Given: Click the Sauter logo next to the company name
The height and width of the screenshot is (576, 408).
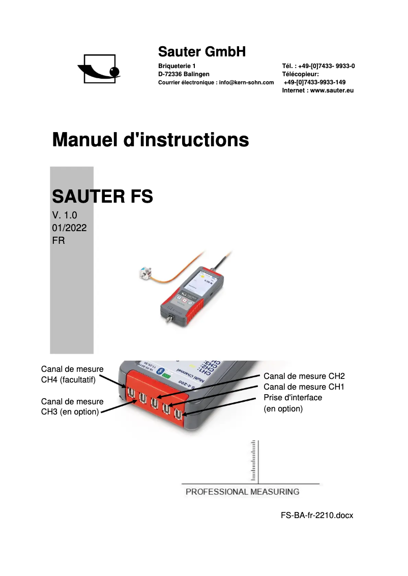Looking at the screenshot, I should (99, 69).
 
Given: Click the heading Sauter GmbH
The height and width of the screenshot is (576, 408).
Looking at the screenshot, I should (202, 51).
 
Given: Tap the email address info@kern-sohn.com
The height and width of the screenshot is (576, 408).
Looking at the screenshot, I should (246, 82).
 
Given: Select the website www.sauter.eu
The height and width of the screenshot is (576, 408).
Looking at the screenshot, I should (332, 90).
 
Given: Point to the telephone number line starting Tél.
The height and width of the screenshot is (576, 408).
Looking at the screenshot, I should (318, 66).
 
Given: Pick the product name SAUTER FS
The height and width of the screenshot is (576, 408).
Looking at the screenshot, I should (102, 197).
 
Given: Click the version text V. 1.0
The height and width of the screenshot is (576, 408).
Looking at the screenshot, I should (65, 215).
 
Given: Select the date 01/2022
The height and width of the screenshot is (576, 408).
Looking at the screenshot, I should (69, 228).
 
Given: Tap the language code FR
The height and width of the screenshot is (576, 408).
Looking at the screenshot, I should (59, 241).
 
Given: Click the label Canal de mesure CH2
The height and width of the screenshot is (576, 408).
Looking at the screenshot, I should (304, 376).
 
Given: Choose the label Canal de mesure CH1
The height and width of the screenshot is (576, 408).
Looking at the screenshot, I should (304, 387).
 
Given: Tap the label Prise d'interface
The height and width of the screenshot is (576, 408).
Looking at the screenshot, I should (293, 398).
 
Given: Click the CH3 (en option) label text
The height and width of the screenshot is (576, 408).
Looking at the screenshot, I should (70, 412).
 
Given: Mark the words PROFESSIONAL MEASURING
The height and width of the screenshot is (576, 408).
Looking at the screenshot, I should (242, 492).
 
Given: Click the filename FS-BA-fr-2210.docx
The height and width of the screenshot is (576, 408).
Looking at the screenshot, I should (316, 515).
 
